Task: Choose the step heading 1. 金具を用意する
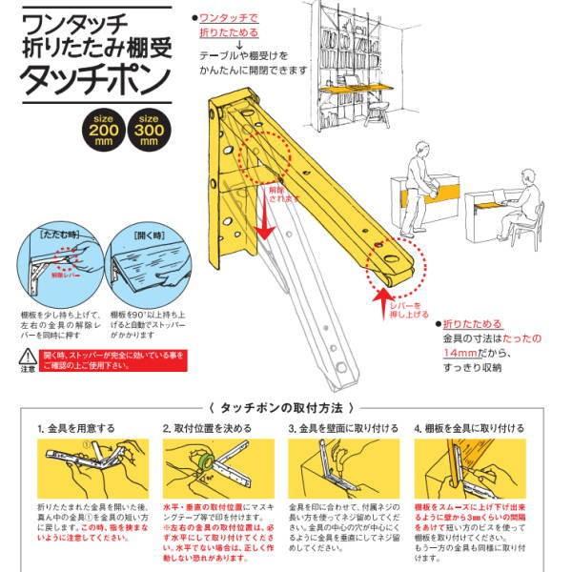tap(75, 428)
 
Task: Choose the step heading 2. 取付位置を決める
tap(206, 428)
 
